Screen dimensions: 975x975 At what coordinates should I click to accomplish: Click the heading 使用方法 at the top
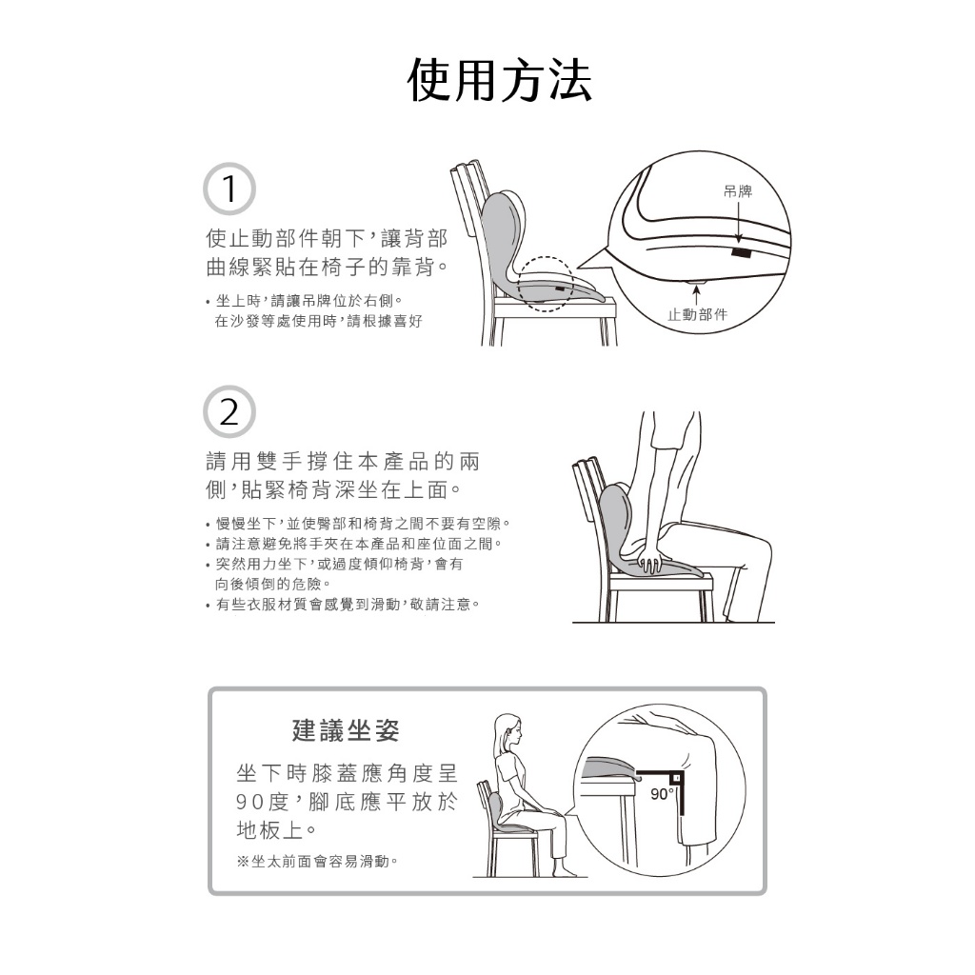pos(499,81)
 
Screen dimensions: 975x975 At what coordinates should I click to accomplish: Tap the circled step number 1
pos(229,189)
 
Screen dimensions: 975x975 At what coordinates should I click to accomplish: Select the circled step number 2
pos(229,411)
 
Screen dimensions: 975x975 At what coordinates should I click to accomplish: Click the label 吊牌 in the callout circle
pos(738,191)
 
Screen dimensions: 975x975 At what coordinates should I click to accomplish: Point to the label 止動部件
pos(697,314)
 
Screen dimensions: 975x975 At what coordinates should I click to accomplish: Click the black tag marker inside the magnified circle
pos(741,252)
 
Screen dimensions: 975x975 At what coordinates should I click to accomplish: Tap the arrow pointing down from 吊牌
pos(738,221)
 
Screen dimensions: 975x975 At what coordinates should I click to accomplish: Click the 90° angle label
pos(662,794)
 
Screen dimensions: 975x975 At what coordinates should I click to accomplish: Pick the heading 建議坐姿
pos(346,730)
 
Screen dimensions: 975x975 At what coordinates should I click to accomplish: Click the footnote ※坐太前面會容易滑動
pos(318,861)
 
